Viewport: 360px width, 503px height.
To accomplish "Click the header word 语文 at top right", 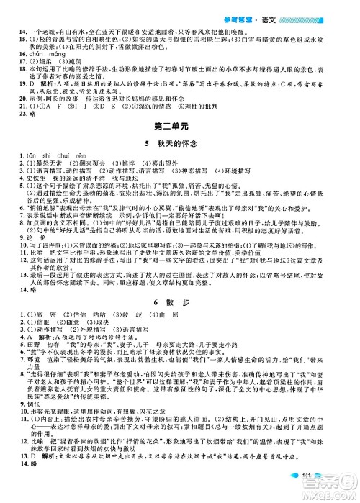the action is coord(337,6).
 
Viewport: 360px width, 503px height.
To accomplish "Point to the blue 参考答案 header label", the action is coord(300,6).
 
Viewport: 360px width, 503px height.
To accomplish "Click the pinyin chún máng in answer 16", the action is coord(44,55).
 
